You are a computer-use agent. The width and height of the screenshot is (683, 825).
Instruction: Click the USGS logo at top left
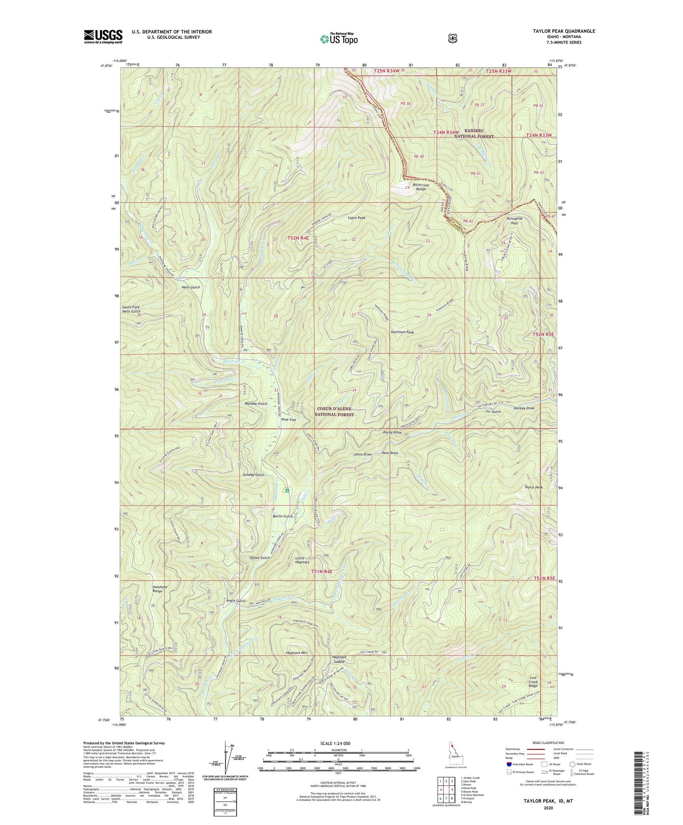[x=103, y=36]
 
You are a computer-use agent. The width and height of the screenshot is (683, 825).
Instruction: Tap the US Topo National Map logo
[x=339, y=39]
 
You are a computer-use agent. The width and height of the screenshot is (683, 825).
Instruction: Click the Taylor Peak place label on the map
[x=534, y=487]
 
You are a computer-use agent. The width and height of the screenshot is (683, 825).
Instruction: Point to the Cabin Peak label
[x=357, y=218]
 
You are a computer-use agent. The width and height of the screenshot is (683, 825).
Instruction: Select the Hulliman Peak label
[x=402, y=333]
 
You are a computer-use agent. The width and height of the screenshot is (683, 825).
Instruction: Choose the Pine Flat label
[x=289, y=420]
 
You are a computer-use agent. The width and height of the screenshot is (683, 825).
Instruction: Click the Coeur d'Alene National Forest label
[x=335, y=412]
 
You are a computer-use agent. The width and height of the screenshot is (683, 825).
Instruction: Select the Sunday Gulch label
[x=254, y=475]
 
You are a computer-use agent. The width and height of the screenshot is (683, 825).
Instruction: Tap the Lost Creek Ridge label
[x=533, y=682]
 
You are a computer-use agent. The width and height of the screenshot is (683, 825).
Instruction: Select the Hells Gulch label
[x=190, y=287]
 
